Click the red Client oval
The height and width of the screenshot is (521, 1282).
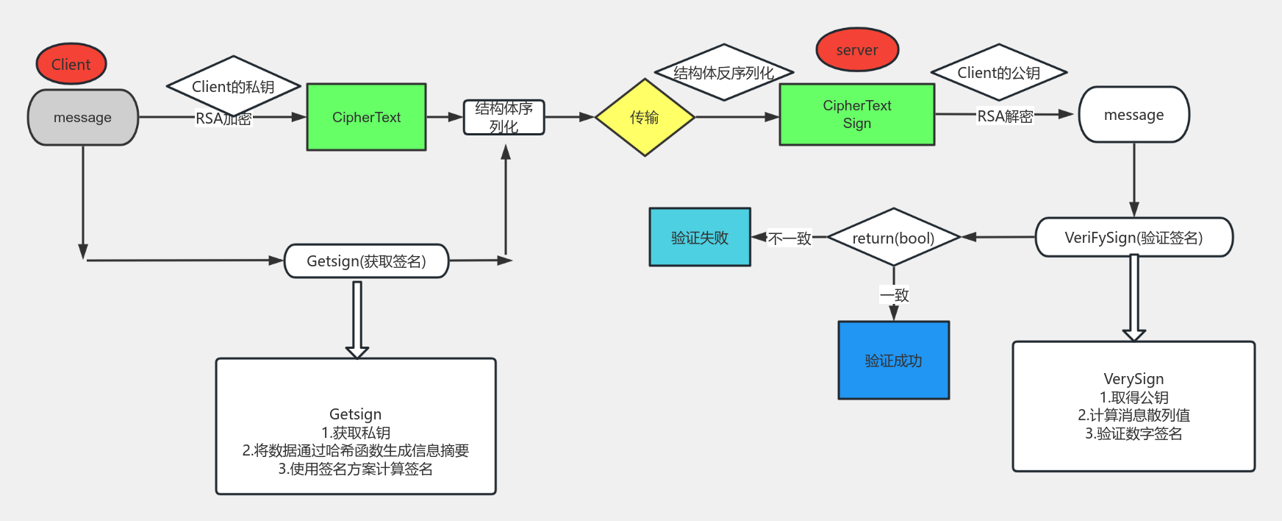71,64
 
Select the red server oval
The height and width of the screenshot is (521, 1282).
857,50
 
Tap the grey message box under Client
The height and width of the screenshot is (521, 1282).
82,118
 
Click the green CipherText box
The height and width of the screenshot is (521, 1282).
366,117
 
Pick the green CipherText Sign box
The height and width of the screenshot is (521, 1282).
856,114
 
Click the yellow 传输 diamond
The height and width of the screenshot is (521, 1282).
645,118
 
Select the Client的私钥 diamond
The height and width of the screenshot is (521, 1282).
233,86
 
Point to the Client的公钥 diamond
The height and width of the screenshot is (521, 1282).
998,72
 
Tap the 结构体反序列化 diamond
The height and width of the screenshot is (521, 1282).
723,72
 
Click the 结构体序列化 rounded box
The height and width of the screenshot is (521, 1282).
504,118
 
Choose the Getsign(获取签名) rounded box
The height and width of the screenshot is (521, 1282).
366,261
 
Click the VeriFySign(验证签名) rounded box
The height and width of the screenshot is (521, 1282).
1134,238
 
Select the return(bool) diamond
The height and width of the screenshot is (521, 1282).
893,238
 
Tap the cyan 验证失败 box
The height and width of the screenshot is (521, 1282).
700,237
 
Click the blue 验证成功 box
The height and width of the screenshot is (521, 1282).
893,361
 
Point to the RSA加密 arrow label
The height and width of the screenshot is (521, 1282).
223,118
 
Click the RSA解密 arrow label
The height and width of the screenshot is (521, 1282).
1005,116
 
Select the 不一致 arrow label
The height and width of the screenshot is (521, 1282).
789,238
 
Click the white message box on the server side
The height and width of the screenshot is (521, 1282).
1134,115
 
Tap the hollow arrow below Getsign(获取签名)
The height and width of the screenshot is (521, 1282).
357,320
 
